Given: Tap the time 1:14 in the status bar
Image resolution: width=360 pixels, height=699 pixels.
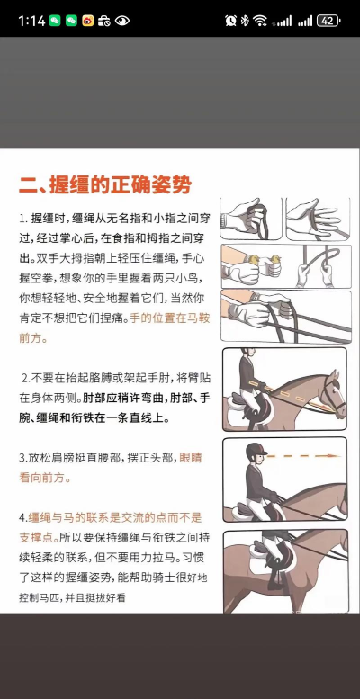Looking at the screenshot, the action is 32,21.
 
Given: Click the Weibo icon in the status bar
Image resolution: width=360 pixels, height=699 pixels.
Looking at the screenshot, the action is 88,21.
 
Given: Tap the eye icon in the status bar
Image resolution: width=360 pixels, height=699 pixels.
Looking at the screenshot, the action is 122,21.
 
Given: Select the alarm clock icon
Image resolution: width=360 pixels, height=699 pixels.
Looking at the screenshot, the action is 230,21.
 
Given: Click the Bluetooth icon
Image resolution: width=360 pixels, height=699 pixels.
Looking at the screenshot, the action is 245,21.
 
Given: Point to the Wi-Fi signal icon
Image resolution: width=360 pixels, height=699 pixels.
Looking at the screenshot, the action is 259,21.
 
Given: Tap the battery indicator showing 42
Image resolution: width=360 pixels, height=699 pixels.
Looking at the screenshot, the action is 328,21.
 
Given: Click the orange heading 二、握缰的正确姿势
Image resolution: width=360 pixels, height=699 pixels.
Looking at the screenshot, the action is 105,184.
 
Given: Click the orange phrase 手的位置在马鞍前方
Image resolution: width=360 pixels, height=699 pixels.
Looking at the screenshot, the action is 114,327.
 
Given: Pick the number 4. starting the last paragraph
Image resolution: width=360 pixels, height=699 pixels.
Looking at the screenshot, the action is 23,517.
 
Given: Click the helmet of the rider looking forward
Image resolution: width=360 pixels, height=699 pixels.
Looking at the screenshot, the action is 256,451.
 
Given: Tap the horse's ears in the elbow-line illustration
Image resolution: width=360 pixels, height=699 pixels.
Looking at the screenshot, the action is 334,375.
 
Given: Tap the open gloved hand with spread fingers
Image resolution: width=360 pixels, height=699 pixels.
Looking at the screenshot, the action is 313,216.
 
